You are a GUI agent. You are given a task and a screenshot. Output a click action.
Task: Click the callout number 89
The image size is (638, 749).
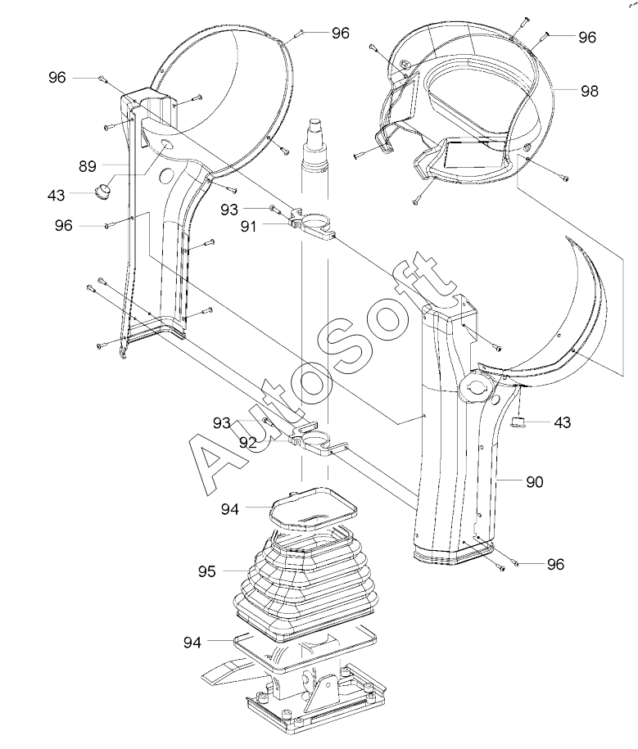pyautogui.click(x=88, y=166)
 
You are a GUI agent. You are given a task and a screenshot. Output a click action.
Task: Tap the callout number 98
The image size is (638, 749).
pyautogui.click(x=589, y=91)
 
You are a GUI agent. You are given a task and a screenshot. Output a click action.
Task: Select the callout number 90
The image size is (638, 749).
pyautogui.click(x=535, y=482)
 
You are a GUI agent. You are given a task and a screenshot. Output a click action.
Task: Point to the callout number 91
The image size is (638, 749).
pyautogui.click(x=248, y=226)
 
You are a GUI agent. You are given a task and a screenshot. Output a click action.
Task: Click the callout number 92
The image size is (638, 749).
pyautogui.click(x=248, y=443)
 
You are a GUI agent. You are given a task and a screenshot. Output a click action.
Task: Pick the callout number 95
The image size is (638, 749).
pyautogui.click(x=207, y=571)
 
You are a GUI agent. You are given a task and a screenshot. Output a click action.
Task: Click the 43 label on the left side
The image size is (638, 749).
pyautogui.click(x=56, y=195)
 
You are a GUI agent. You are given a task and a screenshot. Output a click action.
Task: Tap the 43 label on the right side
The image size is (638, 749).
pyautogui.click(x=563, y=422)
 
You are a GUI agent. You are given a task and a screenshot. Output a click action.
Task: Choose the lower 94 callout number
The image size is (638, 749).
pyautogui.click(x=192, y=643)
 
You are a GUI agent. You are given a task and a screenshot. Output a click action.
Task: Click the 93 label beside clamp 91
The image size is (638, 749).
pyautogui.click(x=229, y=209)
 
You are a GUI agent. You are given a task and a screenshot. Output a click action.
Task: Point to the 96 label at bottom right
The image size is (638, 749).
pyautogui.click(x=555, y=565)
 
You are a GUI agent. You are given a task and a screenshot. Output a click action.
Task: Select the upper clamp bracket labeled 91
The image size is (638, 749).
pyautogui.click(x=313, y=224)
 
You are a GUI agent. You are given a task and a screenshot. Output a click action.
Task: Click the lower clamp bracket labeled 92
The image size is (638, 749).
pyautogui.click(x=317, y=441)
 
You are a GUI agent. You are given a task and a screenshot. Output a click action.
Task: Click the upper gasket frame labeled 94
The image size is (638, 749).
pyautogui.click(x=313, y=509)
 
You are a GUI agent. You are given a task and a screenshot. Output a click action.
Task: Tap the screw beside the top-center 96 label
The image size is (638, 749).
pyautogui.click(x=300, y=34)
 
